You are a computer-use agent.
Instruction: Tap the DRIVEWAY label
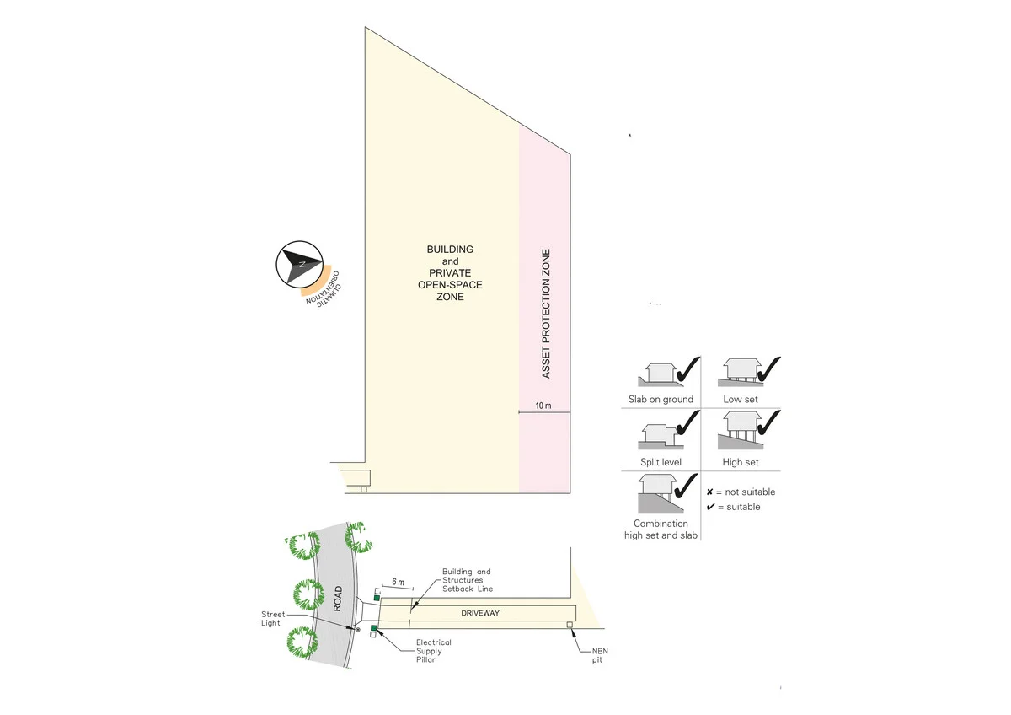point(479,613)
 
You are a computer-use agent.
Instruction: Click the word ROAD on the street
point(338,598)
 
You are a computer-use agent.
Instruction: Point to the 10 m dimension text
point(543,406)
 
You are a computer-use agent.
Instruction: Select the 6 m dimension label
point(398,583)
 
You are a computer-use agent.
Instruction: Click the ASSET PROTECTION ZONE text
point(545,312)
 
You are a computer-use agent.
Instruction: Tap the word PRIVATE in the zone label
point(450,273)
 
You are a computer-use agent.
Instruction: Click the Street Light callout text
point(273,619)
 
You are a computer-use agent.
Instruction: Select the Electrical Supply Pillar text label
point(433,651)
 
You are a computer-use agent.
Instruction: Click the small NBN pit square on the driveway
point(570,625)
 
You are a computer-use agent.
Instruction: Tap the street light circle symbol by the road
point(357,629)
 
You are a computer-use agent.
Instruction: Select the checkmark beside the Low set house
point(768,370)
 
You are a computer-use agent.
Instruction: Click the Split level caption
point(661,463)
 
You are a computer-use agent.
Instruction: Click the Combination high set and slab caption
point(661,530)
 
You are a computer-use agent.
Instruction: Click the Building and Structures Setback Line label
point(466,581)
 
